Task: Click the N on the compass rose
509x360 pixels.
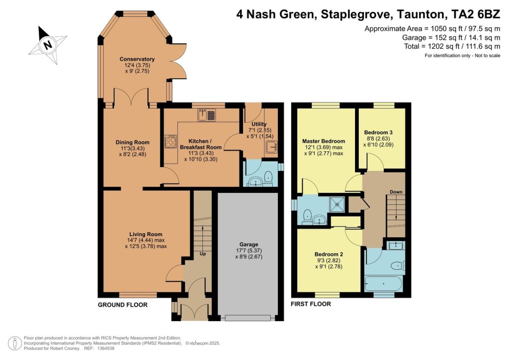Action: coord(48,44)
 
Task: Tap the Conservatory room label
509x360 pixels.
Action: coord(137,59)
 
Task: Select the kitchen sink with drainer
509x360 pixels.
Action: coord(206,115)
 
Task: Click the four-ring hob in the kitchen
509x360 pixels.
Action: coord(171,142)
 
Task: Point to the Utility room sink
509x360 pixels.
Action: coord(272,147)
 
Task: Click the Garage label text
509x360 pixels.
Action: coord(249,245)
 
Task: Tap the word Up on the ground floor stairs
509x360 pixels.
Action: coord(203,254)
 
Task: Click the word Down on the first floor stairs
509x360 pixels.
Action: coord(396,192)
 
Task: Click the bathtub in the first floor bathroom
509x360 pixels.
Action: coord(383,284)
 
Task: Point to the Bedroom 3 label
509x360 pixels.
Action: coord(378,132)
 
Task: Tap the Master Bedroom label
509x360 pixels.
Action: coord(323,141)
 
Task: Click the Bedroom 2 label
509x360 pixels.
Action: coord(329,255)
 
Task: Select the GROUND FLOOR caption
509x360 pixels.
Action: coord(123,305)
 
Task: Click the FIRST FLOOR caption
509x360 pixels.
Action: coord(311,304)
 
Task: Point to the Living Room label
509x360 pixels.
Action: coord(146,234)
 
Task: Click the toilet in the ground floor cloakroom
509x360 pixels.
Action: coord(268,177)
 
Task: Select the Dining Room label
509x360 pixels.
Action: coord(132,142)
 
